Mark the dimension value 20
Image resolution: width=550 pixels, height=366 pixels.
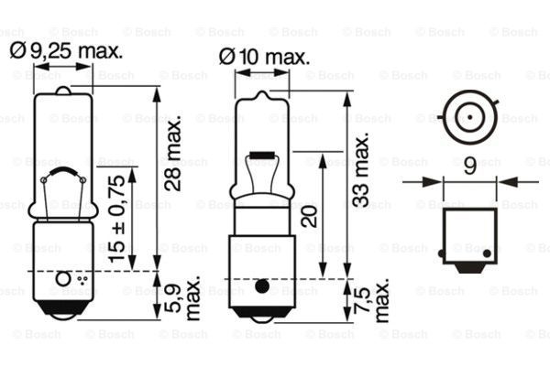click(x=310, y=215)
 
